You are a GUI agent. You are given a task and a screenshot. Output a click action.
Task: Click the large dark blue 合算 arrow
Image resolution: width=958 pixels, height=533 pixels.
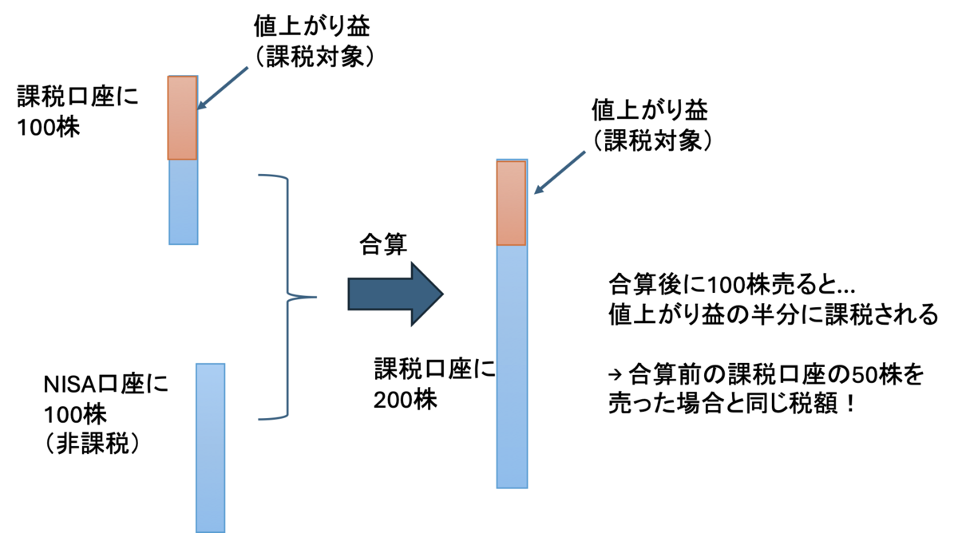click(x=396, y=294)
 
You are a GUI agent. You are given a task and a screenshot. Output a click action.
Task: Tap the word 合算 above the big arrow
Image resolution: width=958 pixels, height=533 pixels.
click(x=383, y=244)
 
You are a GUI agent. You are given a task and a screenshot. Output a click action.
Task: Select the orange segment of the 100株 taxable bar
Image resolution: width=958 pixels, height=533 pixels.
click(x=183, y=118)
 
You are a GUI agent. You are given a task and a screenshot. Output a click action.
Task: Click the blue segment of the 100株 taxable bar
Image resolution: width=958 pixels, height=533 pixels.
click(x=184, y=202)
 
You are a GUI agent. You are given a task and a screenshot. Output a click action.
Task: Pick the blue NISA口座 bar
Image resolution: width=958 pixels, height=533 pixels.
click(x=211, y=448)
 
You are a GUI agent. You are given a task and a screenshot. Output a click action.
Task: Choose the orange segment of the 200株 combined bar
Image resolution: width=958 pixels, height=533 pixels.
click(x=512, y=203)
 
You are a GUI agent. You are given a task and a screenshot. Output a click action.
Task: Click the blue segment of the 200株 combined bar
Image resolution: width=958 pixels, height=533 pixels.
click(x=512, y=367)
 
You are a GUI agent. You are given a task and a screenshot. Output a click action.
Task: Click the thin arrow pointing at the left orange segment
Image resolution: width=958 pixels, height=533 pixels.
click(x=223, y=88)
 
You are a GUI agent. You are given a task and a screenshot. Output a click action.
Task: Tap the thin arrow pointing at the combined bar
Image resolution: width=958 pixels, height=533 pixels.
click(x=560, y=172)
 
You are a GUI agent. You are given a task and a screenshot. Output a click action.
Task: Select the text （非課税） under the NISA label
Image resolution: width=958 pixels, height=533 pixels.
click(x=92, y=444)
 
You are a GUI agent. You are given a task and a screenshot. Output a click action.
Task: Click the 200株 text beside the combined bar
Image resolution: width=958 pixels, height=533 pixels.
click(x=405, y=400)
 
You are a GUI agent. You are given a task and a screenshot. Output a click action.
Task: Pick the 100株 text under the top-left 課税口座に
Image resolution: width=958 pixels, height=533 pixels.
click(x=48, y=128)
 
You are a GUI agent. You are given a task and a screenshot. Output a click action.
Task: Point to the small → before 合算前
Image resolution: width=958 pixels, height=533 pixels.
click(x=615, y=375)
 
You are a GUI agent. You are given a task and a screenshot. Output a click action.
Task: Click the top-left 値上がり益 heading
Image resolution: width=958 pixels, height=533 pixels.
click(x=312, y=26)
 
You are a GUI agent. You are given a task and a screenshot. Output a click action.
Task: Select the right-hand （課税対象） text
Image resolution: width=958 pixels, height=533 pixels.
click(x=651, y=140)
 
